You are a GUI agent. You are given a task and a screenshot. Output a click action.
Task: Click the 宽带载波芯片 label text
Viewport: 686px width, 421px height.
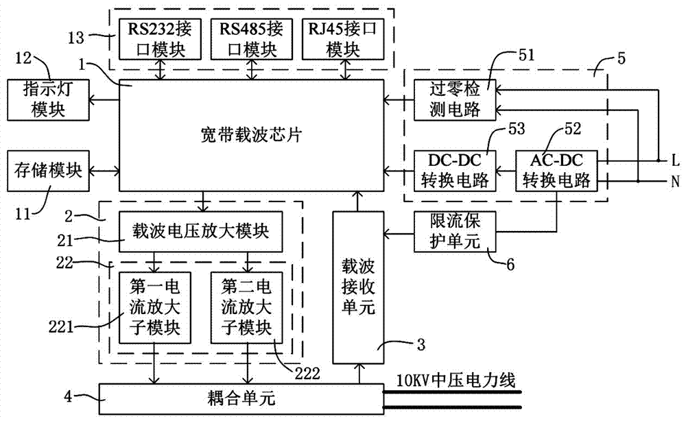(x=251, y=135)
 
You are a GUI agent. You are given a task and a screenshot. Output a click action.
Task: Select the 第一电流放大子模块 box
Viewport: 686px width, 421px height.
(x=155, y=307)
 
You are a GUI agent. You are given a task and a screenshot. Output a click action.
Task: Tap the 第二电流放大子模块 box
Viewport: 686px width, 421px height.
(x=246, y=307)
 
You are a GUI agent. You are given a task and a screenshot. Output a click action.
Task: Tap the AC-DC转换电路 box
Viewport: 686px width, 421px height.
(x=557, y=169)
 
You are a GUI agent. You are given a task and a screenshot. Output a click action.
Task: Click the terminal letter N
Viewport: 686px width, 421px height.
(x=675, y=181)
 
